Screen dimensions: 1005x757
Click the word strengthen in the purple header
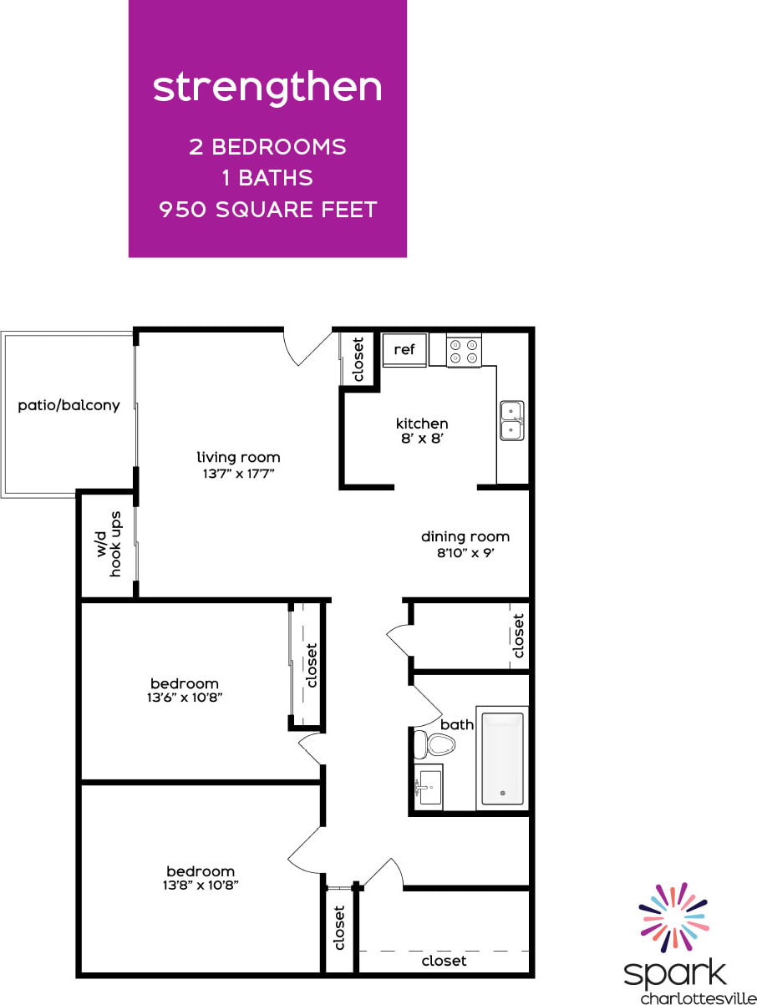(267, 88)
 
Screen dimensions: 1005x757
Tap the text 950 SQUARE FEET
(267, 209)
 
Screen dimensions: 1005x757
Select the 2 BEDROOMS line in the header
(267, 147)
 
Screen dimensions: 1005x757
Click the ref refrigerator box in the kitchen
(404, 350)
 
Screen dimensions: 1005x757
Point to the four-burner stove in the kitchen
(464, 351)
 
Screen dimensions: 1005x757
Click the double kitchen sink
(512, 420)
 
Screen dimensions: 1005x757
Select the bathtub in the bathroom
(502, 759)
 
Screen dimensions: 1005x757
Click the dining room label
(465, 536)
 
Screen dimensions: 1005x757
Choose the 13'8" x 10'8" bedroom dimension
(201, 885)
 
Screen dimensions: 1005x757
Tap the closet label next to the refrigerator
(358, 359)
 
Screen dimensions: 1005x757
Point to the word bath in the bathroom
(456, 724)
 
